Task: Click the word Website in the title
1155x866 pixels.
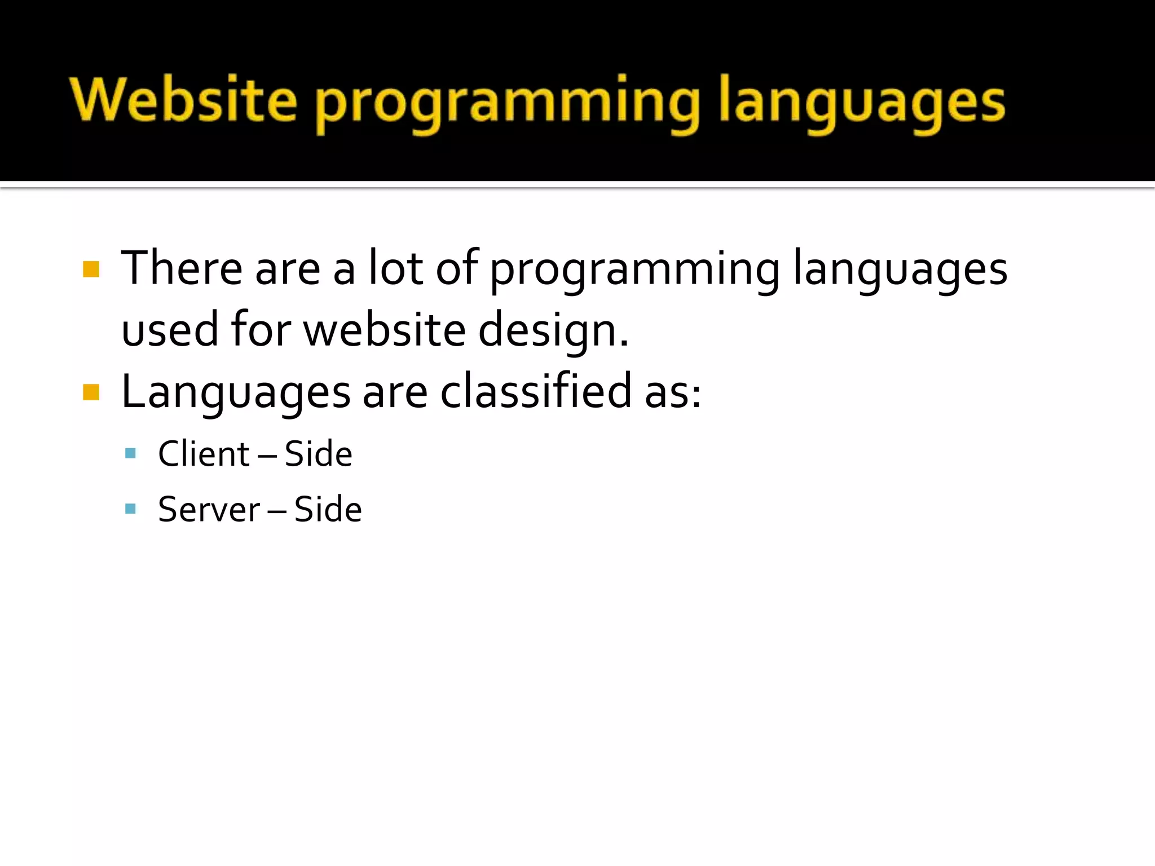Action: click(x=183, y=100)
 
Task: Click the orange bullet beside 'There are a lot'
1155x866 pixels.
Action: click(x=91, y=269)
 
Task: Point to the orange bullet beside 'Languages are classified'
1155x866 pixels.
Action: click(x=91, y=392)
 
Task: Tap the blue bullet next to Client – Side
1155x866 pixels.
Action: click(x=131, y=453)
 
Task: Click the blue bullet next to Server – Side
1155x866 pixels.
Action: click(x=131, y=509)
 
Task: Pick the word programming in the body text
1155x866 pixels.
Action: click(x=634, y=271)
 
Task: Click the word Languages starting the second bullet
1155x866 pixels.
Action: click(x=236, y=394)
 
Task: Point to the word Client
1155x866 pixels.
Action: click(x=204, y=453)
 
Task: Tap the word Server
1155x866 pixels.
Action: click(x=209, y=510)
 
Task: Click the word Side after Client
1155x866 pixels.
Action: click(x=318, y=453)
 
